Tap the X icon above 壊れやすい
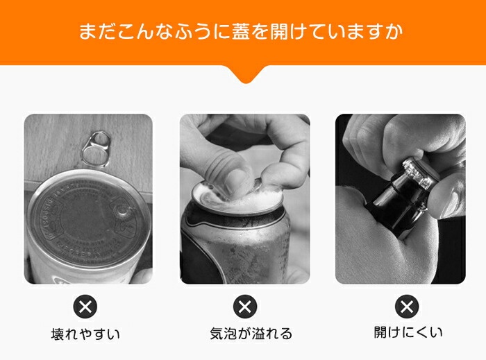pos(85,307)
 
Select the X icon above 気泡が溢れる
pos(245,307)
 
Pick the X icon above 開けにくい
pos(407,307)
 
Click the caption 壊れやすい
pos(85,334)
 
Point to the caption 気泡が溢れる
pos(251,334)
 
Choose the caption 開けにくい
pos(408,332)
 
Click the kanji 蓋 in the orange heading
pos(241,31)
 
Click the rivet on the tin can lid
pos(123,212)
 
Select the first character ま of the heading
pos(87,31)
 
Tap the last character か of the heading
pos(394,31)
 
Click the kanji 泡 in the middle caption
pos(230,334)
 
